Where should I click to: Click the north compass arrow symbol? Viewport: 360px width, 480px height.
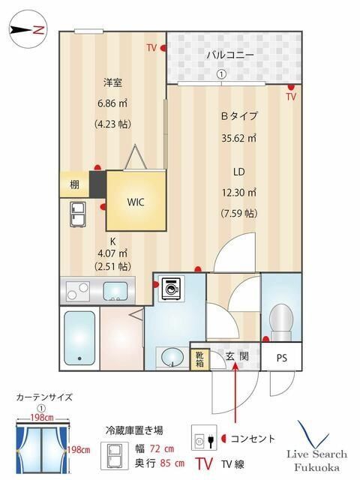(28, 31)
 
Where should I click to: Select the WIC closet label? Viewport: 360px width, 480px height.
(136, 202)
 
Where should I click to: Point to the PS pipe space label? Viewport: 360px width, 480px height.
(281, 358)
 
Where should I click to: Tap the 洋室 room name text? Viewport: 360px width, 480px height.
(113, 82)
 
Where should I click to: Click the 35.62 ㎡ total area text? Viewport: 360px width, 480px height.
(238, 138)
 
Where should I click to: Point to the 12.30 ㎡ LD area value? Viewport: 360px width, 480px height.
(238, 192)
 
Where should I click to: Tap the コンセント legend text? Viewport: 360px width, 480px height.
(252, 439)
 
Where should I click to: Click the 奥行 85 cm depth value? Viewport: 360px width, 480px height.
(160, 463)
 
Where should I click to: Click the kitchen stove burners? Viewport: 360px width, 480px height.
(78, 289)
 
